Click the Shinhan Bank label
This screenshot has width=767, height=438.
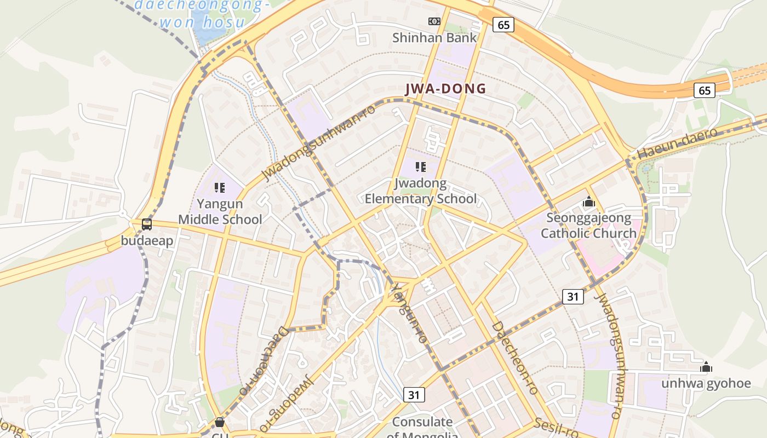[434, 38]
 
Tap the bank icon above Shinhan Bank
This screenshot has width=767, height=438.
[434, 21]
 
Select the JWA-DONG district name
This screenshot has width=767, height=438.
[445, 89]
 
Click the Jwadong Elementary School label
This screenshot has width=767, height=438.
[421, 191]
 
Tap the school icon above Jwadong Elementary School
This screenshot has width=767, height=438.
[421, 167]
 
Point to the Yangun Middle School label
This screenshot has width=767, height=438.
[220, 212]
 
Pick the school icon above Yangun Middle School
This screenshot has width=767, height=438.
[220, 188]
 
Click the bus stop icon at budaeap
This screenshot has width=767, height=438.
[147, 224]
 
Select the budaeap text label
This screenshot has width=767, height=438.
[147, 241]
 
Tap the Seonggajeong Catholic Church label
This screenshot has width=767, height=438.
[589, 226]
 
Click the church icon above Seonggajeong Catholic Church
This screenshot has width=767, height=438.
[589, 202]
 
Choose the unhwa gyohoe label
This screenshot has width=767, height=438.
[706, 383]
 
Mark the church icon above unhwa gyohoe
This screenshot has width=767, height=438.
[706, 367]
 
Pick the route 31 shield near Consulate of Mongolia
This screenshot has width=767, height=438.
[415, 394]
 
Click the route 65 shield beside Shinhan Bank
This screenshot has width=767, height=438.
[503, 25]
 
